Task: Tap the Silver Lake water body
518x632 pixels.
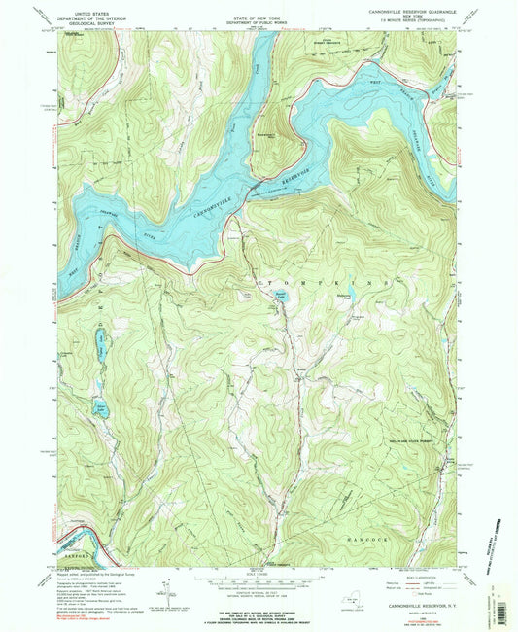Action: pos(100,409)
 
